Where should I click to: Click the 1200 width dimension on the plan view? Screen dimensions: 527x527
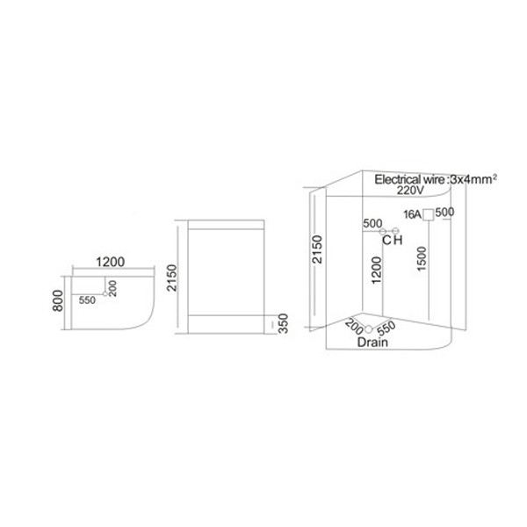(110, 261)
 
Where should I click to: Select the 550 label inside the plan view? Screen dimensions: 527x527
(86, 300)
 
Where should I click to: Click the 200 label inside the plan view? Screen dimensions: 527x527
(113, 287)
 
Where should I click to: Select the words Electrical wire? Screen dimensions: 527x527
(409, 178)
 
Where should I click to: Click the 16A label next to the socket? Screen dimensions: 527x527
(411, 214)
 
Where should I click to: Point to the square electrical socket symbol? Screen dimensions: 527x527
(428, 214)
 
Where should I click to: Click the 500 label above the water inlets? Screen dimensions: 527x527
(373, 223)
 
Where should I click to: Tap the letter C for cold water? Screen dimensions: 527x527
(385, 241)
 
